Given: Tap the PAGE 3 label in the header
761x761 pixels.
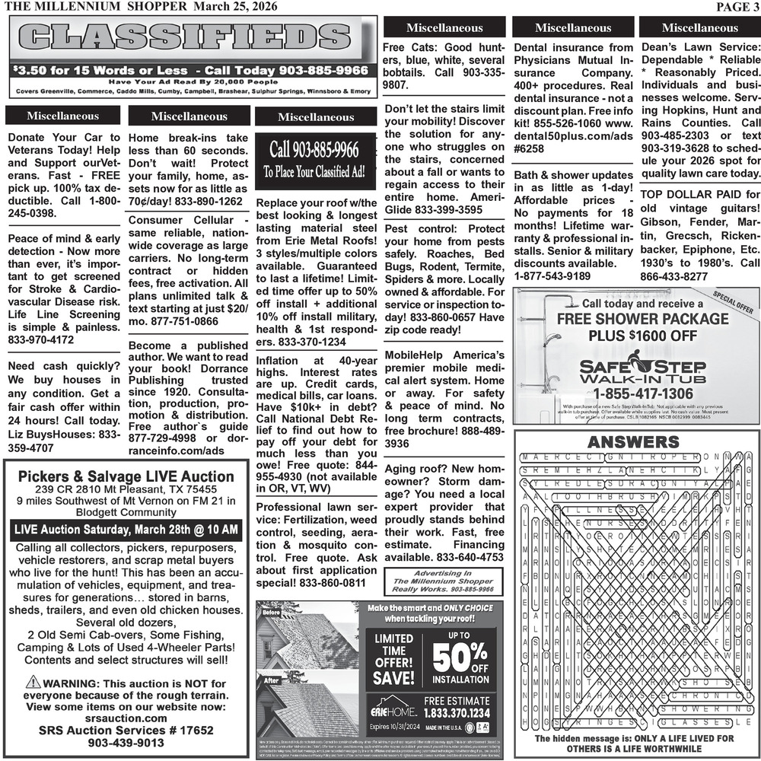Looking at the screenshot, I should (x=736, y=7).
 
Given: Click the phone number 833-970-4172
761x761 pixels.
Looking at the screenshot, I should (x=41, y=339).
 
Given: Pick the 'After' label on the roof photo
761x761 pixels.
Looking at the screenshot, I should (x=271, y=681).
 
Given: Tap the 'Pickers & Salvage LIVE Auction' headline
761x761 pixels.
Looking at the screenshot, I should (x=126, y=476).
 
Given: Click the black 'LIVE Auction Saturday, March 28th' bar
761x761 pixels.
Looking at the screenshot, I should (x=126, y=529).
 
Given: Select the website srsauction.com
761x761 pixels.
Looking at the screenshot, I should (x=126, y=718).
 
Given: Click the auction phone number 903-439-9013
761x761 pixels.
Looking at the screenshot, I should (x=126, y=743).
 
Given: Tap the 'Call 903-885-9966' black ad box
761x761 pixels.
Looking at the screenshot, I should (x=315, y=158).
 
